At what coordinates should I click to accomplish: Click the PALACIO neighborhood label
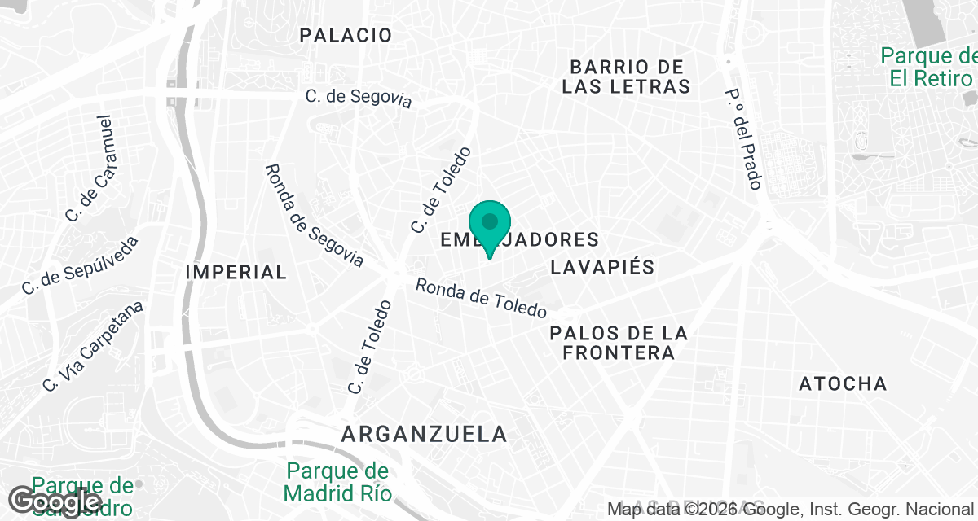(346, 35)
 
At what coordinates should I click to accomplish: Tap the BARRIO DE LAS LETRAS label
(626, 76)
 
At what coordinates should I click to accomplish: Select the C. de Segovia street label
(359, 98)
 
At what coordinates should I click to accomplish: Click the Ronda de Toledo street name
(481, 299)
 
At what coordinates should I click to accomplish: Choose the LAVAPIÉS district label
(602, 267)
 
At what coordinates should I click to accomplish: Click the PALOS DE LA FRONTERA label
(619, 343)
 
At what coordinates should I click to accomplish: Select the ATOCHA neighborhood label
(843, 383)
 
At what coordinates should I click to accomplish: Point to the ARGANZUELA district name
(424, 434)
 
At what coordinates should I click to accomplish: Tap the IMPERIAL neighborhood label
(236, 272)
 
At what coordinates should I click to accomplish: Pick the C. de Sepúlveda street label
(80, 265)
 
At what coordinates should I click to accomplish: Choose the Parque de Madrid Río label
(338, 482)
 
